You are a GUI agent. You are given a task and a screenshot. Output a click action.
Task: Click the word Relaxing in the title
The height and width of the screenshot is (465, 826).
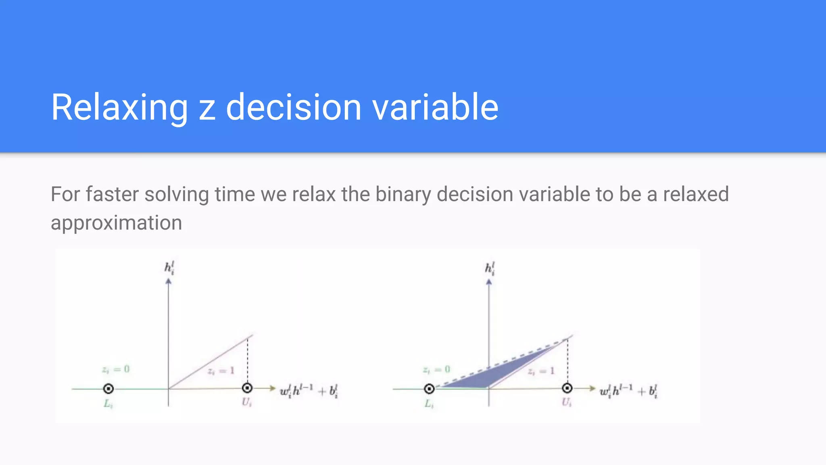(x=119, y=107)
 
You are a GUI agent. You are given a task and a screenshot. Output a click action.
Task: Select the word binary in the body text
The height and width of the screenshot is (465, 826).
(x=403, y=194)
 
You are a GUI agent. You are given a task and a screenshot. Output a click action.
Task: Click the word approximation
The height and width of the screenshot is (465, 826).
(x=116, y=223)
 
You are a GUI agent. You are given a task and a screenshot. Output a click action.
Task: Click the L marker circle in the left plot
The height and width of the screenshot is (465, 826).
(x=108, y=389)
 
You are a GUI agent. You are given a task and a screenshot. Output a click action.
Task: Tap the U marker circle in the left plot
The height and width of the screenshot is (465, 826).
(x=247, y=388)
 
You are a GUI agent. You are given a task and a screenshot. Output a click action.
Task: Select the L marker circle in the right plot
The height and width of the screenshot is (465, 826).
(x=429, y=389)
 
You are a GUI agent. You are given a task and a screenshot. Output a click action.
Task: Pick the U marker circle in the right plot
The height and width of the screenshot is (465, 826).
(x=567, y=388)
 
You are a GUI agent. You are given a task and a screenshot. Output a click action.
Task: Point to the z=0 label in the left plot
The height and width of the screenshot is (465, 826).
(x=116, y=369)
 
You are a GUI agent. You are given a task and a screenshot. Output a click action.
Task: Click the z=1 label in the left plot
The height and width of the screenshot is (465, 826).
(x=221, y=371)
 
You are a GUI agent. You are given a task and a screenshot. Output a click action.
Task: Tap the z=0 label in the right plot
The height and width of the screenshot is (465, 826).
(x=436, y=369)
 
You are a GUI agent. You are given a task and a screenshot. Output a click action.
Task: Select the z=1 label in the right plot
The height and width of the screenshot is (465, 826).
(x=541, y=371)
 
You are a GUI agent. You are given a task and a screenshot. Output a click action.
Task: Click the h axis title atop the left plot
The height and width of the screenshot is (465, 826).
(x=169, y=268)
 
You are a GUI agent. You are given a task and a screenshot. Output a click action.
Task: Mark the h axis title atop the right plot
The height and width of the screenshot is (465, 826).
(x=490, y=268)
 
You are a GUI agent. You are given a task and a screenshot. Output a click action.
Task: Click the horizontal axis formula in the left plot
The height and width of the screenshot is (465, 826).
(x=309, y=391)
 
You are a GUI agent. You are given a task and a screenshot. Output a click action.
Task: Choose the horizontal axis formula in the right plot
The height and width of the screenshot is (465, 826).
(x=629, y=391)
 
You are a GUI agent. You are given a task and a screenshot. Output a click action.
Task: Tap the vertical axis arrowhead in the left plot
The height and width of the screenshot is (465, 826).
(x=169, y=281)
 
